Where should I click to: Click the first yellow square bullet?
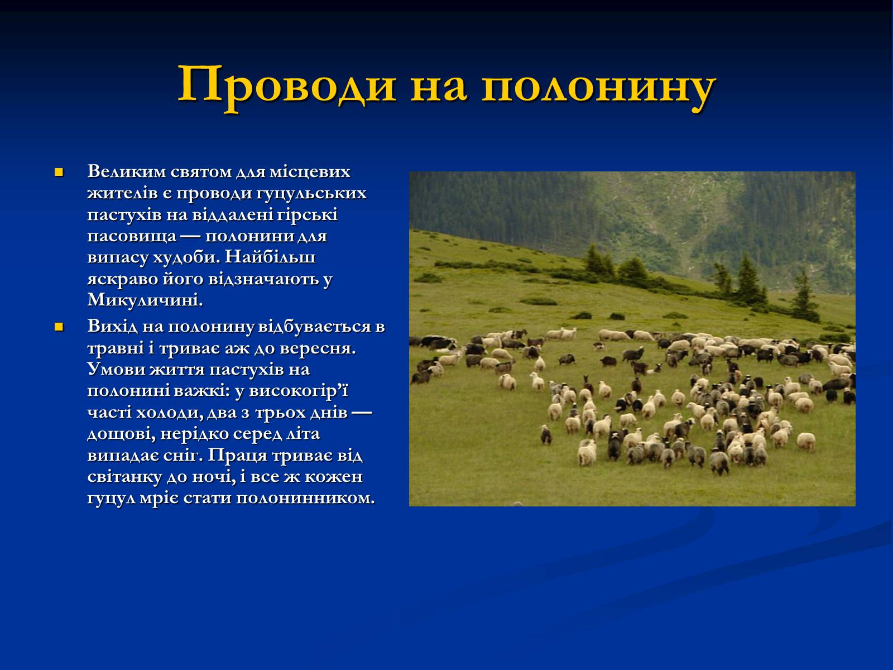(x=59, y=172)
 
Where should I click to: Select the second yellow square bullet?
(x=59, y=327)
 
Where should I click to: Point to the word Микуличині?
(x=145, y=300)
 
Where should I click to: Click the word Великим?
(x=126, y=172)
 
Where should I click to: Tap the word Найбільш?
(x=270, y=257)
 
